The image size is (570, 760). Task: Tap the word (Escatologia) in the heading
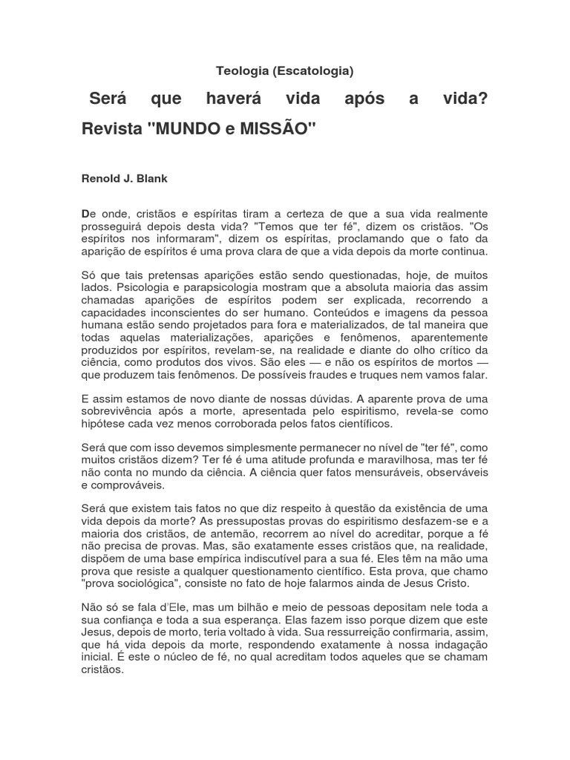click(312, 71)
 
